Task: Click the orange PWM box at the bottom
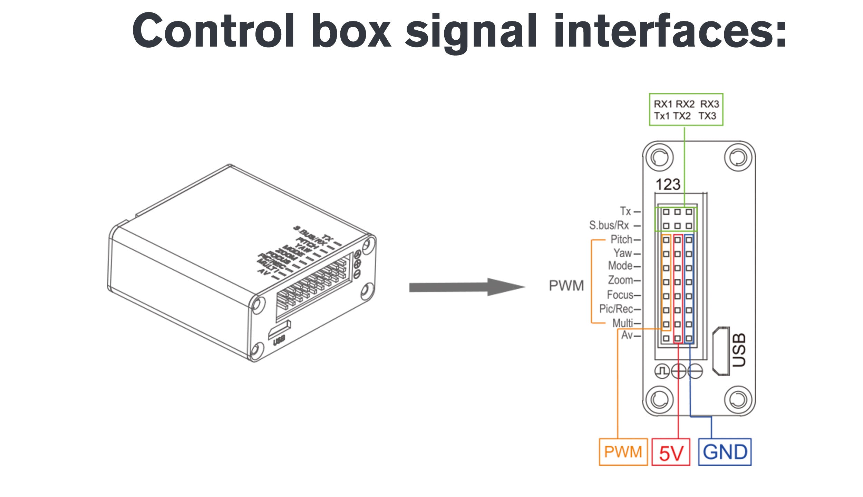point(623,452)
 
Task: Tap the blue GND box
point(725,452)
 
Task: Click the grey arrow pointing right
point(466,287)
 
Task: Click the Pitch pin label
point(621,239)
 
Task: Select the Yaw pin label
point(623,253)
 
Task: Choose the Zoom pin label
point(620,280)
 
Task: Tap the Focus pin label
point(620,295)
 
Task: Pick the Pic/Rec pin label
point(616,309)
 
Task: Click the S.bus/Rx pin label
point(609,225)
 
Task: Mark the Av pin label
point(627,335)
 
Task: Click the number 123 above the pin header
point(668,185)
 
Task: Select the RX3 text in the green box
point(709,104)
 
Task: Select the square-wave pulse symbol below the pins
point(662,371)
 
